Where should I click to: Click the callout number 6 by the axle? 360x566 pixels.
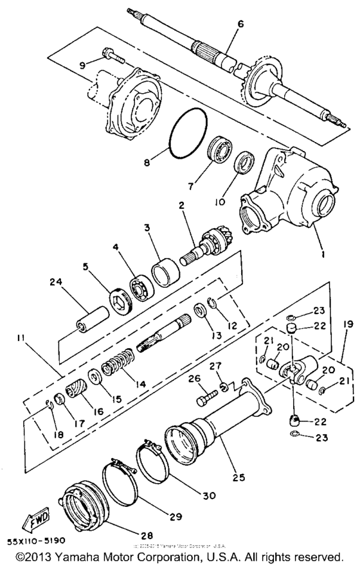[x=240, y=24]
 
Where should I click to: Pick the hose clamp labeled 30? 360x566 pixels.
[x=154, y=459]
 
